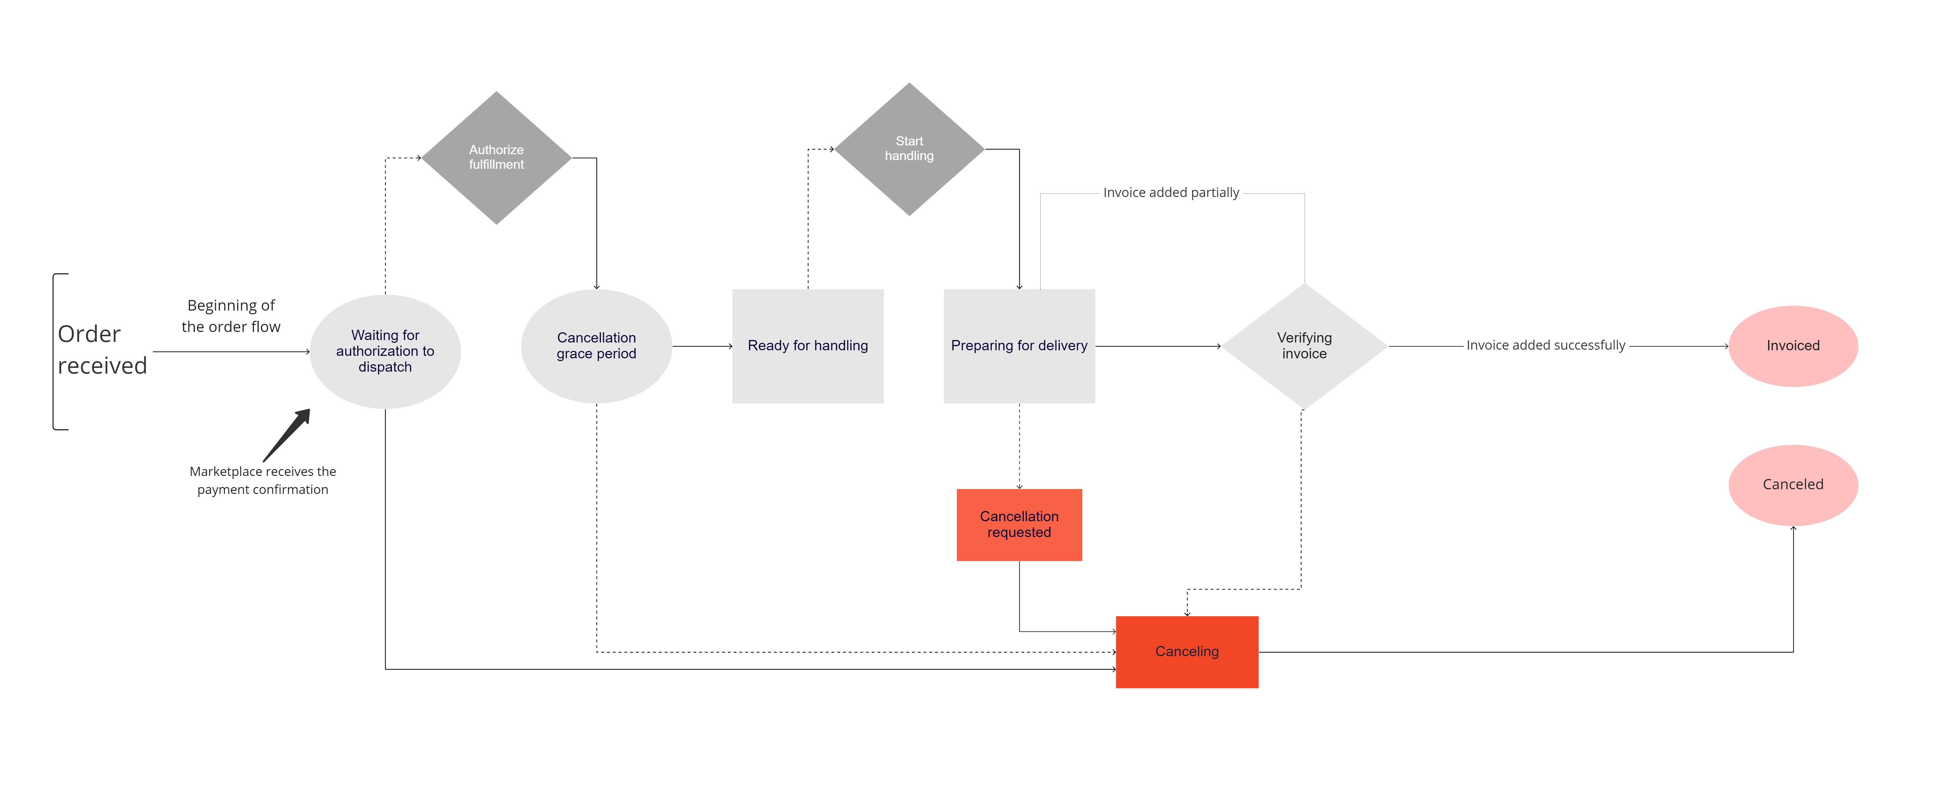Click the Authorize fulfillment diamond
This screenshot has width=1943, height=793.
[x=496, y=158]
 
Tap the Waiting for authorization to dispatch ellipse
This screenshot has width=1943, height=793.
[x=385, y=351]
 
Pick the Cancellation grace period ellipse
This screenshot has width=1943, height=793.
[x=597, y=346]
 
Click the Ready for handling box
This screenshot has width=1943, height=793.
[x=808, y=346]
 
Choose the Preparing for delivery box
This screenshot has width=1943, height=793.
[x=1019, y=346]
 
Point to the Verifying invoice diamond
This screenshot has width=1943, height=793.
[x=1304, y=346]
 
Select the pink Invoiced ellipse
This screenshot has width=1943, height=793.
[x=1793, y=346]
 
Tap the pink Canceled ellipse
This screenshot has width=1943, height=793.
[x=1793, y=485]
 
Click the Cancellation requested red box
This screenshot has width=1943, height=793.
[x=1019, y=525]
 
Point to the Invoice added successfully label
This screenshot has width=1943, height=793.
[x=1546, y=345]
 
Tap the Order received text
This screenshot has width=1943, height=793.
[x=102, y=350]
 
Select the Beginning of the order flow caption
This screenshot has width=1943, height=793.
[x=231, y=316]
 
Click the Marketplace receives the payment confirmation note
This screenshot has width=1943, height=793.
[x=262, y=480]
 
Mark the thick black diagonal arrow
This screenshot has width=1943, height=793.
[x=287, y=435]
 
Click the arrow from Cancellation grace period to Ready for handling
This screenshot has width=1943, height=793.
[x=702, y=346]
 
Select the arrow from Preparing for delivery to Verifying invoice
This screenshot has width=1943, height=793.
[x=1158, y=346]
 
